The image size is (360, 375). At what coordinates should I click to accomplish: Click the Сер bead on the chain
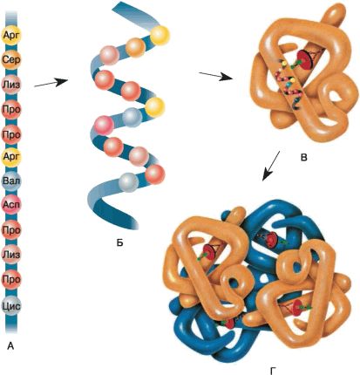point(11,60)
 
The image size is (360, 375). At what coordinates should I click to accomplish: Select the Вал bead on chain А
point(11,181)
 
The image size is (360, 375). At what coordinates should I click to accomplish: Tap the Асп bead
point(11,205)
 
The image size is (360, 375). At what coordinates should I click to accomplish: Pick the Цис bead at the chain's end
point(11,306)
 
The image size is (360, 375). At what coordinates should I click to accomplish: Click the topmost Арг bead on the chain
point(11,35)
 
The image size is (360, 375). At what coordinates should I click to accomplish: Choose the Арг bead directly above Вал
point(11,157)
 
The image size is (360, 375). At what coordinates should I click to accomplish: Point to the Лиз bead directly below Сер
point(11,85)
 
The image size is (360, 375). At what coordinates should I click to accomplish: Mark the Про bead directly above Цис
point(11,280)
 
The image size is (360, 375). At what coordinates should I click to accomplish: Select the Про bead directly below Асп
point(11,230)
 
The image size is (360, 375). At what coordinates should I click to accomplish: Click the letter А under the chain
point(10,345)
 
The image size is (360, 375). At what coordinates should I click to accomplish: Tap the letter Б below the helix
point(119,242)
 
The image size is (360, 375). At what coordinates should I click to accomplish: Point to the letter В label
point(304,158)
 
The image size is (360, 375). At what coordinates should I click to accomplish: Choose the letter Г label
point(273,371)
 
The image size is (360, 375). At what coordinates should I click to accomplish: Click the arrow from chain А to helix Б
point(51,83)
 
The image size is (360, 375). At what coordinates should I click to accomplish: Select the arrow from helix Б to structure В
point(215,76)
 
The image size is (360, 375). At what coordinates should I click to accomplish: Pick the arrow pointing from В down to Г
point(271,166)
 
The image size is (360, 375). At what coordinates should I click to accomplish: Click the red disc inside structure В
point(304,59)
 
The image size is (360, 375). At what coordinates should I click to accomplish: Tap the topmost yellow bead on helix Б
point(160,35)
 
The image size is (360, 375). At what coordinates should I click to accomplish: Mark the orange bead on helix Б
point(135,48)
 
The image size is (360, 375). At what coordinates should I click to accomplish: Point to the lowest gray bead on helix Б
point(129,182)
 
